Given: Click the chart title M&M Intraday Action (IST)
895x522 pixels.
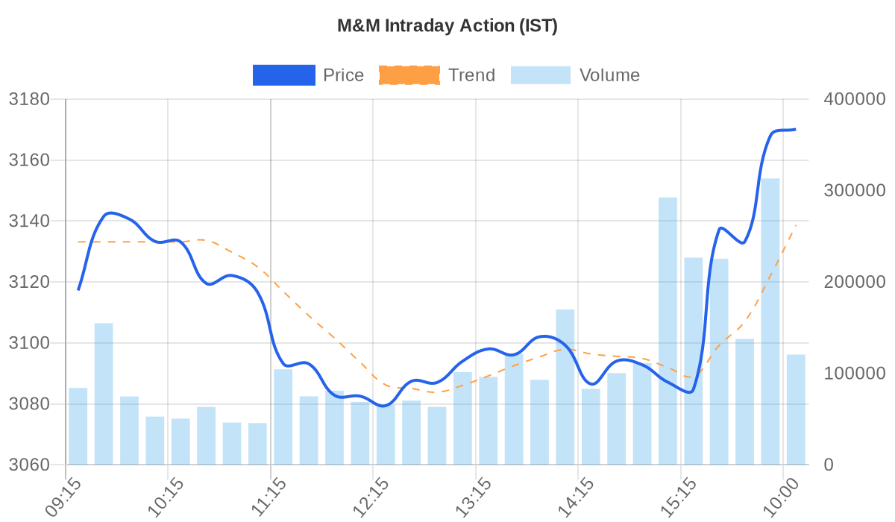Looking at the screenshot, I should pos(447,26).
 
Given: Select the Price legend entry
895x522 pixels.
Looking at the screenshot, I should pos(308,75).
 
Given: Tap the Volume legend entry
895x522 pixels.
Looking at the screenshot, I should pos(575,75).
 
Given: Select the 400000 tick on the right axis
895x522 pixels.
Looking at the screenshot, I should pos(853,99).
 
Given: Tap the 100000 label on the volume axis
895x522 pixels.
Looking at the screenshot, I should pos(853,374).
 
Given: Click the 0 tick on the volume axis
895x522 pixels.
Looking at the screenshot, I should pos(828,465).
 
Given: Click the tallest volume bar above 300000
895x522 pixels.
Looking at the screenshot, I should pos(770,321).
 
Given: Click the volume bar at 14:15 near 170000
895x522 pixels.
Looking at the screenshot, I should pos(565,387).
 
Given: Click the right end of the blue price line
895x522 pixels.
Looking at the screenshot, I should pos(795,130).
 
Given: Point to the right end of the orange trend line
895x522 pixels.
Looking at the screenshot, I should pos(796,225).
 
